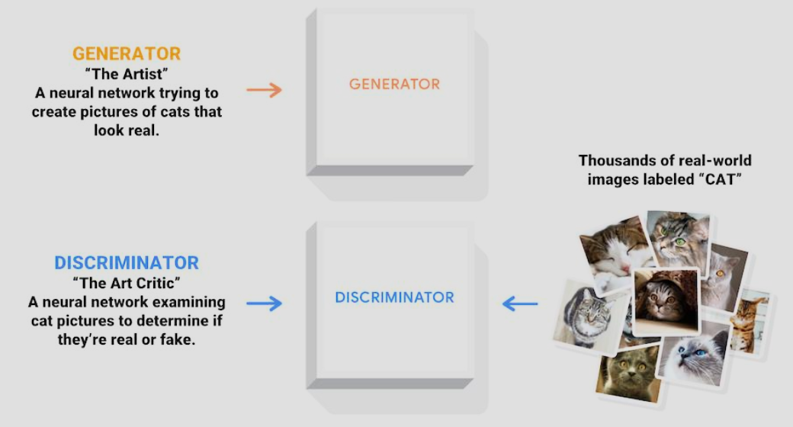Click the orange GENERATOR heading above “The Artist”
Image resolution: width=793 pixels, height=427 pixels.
point(127,54)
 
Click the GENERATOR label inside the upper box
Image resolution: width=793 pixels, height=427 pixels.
point(394,84)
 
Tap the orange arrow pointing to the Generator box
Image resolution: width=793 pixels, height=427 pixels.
point(264,90)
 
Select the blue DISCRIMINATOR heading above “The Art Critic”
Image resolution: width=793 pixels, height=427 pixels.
point(127,263)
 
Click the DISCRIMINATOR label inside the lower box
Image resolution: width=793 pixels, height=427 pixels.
point(394,297)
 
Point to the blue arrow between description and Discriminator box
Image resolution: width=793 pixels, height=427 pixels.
point(264,303)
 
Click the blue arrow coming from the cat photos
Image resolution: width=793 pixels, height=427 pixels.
point(520,304)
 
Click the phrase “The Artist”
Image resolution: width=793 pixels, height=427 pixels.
point(127,74)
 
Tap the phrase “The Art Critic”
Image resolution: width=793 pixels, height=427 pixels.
point(127,283)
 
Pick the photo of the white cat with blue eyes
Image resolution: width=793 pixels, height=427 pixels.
point(693,355)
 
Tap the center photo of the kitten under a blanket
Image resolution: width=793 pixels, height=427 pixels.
point(665,300)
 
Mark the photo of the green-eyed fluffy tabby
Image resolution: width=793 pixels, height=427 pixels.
point(679,237)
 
